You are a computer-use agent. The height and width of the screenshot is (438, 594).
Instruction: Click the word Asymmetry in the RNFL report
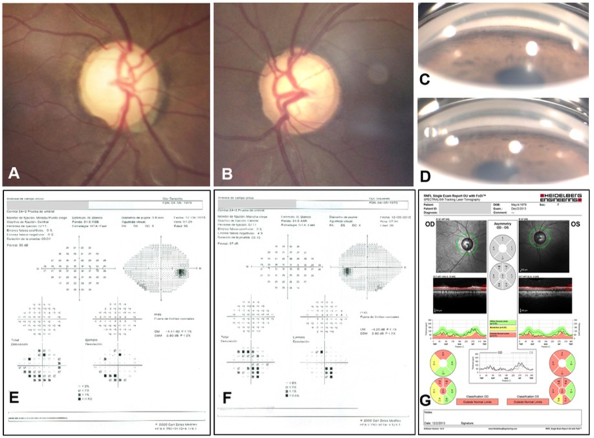(502, 223)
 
